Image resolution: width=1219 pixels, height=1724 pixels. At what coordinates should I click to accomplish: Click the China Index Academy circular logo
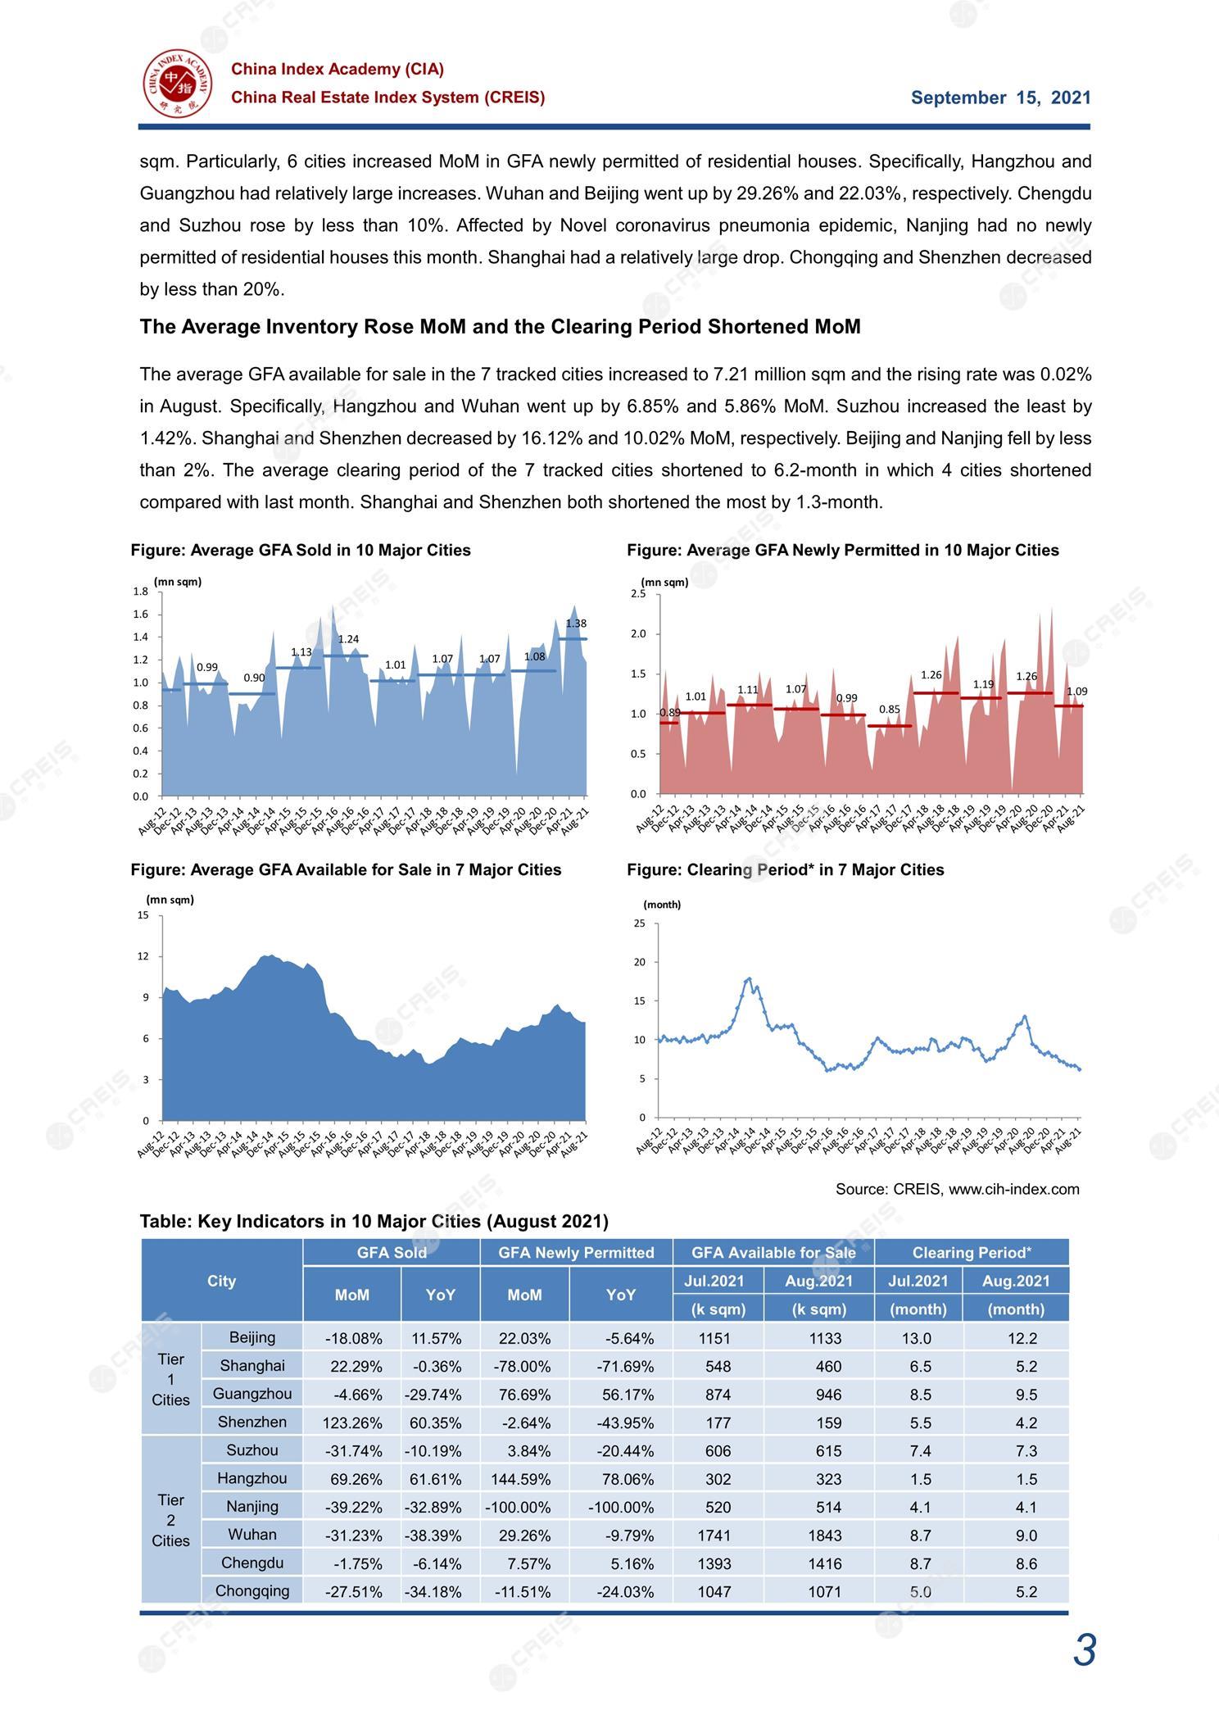point(178,83)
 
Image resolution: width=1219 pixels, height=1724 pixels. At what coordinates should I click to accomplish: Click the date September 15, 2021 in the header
point(1001,98)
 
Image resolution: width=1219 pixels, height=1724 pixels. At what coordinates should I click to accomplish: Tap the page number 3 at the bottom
point(1085,1650)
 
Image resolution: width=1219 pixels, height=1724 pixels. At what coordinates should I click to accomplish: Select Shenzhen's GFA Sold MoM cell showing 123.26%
point(352,1423)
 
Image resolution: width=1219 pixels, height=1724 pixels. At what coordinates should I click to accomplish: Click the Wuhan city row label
point(252,1535)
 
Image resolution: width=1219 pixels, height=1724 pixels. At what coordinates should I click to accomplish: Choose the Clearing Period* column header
point(972,1253)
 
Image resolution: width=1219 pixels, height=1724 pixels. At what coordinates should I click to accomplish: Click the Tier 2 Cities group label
point(170,1521)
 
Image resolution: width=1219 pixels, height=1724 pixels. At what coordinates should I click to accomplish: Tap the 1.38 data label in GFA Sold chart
point(576,624)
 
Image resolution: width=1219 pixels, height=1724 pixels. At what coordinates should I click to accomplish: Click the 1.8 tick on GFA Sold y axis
point(140,591)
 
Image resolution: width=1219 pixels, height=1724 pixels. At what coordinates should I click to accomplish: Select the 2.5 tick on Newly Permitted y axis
point(638,594)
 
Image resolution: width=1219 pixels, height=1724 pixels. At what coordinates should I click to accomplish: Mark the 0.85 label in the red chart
point(890,709)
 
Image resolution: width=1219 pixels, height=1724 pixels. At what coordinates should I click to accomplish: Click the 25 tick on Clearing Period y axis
point(640,923)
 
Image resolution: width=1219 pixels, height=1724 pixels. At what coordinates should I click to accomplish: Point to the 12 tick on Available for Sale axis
point(143,956)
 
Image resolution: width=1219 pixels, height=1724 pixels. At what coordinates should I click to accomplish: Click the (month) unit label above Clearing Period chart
point(662,905)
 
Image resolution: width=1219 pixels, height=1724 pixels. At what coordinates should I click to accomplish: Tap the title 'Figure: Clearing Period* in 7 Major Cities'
point(786,870)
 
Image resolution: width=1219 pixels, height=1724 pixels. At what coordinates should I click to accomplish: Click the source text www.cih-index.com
point(1014,1189)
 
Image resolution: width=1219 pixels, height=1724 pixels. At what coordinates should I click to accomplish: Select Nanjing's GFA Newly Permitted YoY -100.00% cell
point(621,1508)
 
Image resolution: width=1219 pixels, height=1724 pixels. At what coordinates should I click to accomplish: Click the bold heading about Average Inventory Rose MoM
point(501,327)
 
